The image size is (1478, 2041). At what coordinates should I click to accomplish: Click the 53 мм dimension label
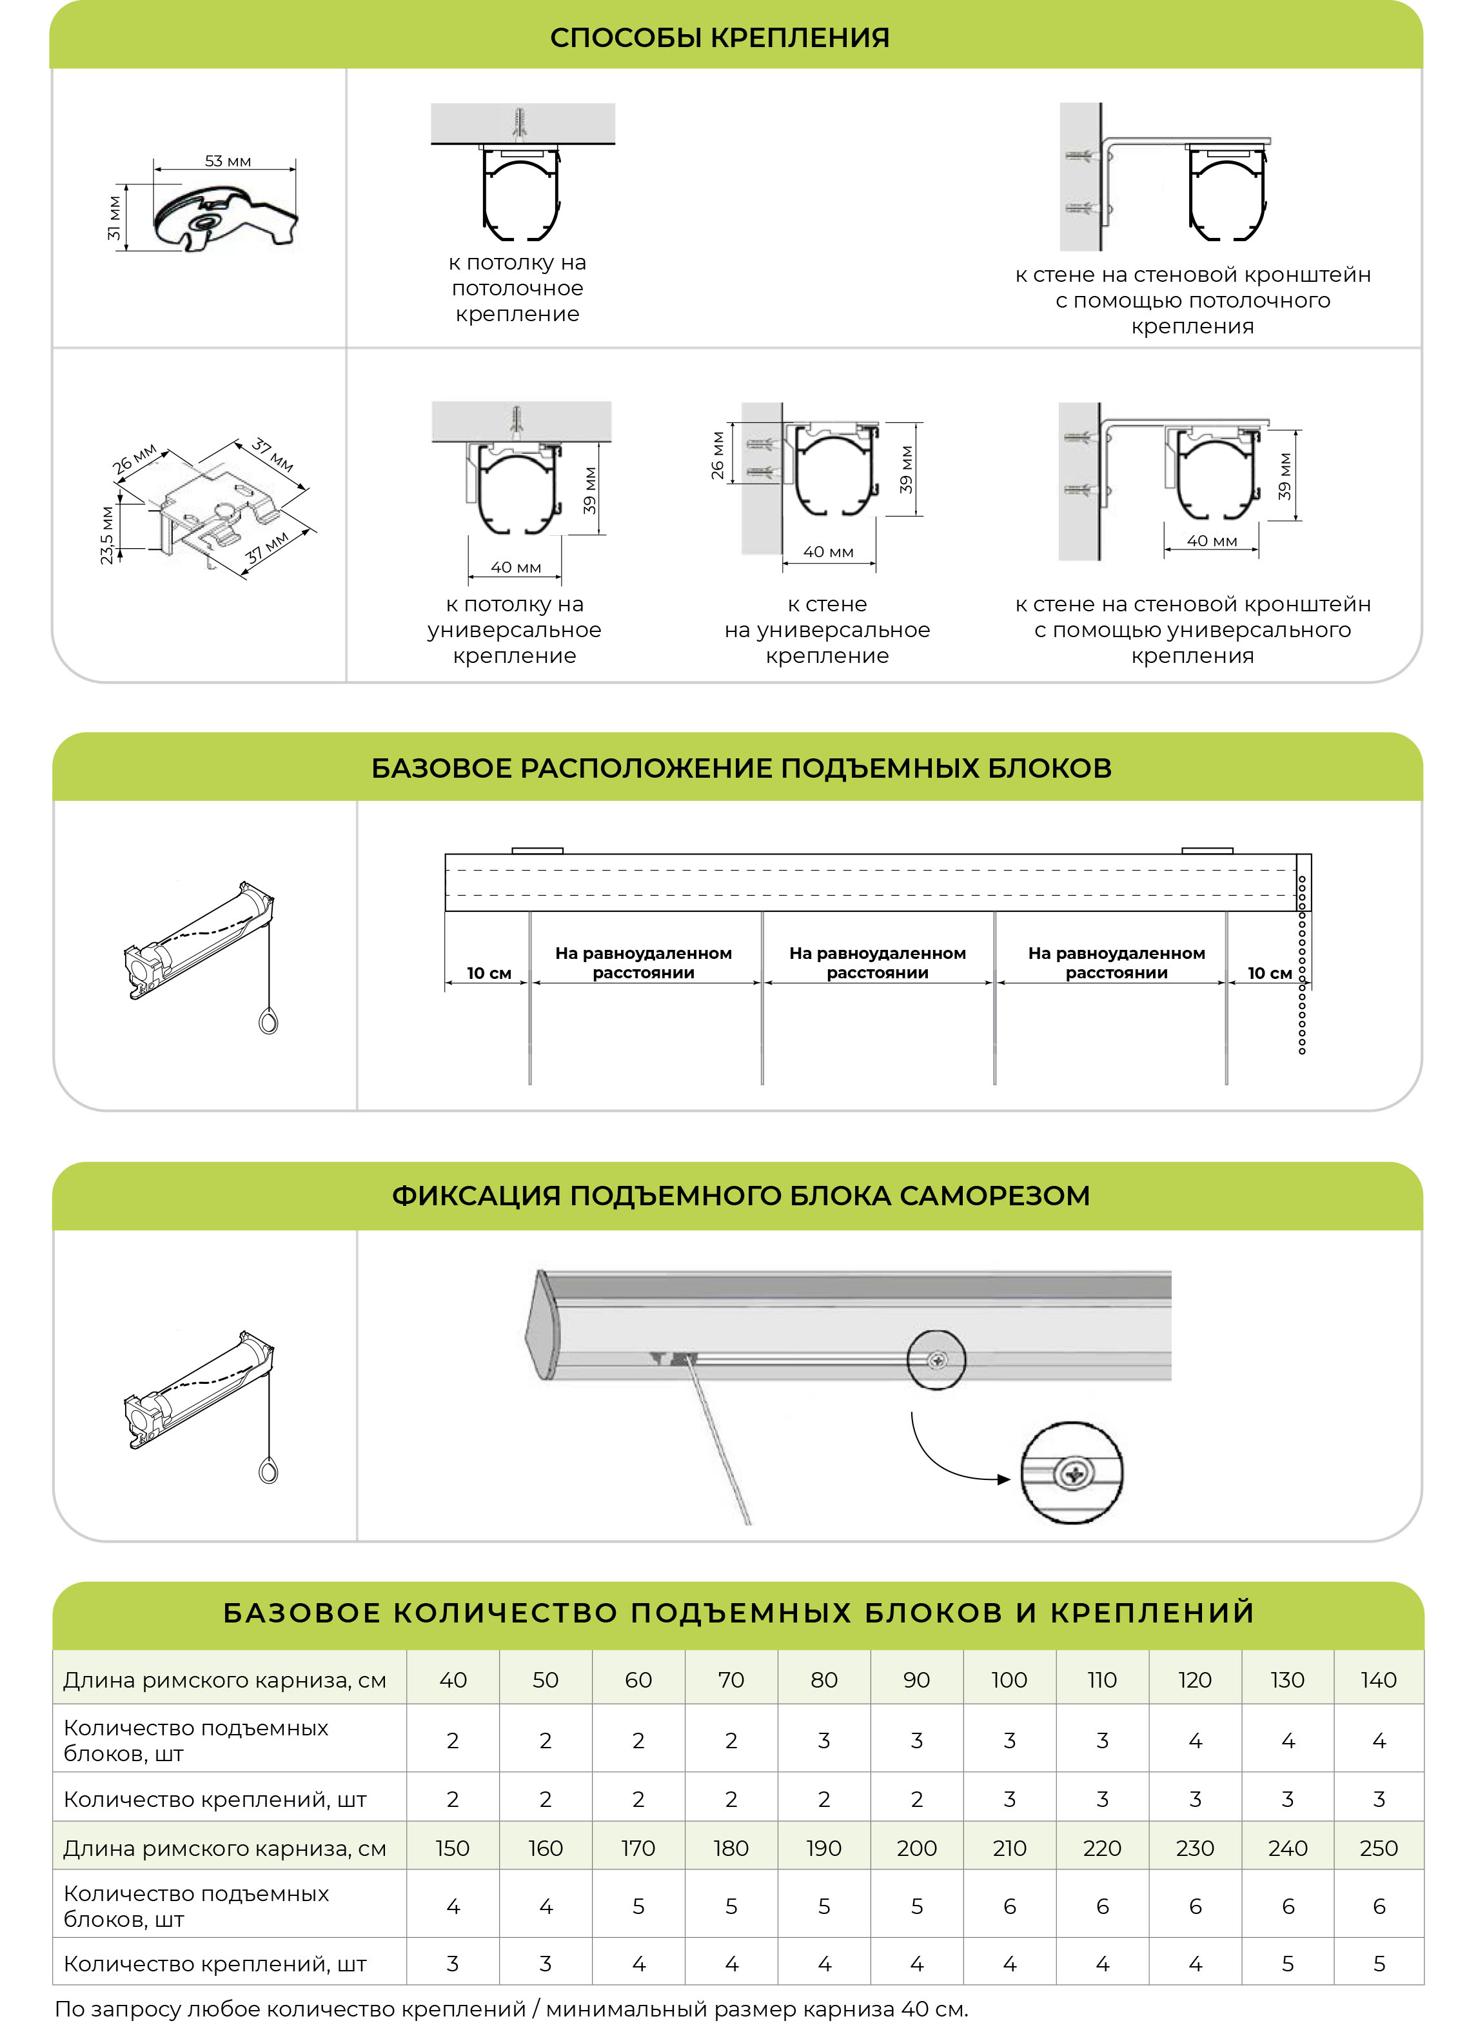pyautogui.click(x=228, y=161)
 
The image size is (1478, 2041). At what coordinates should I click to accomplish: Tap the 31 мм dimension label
pyautogui.click(x=114, y=218)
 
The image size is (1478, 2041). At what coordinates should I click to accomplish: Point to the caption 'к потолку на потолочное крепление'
pyautogui.click(x=518, y=288)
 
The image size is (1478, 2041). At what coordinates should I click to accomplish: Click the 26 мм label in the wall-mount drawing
pyautogui.click(x=717, y=455)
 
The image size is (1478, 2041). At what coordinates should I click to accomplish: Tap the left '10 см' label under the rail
pyautogui.click(x=489, y=973)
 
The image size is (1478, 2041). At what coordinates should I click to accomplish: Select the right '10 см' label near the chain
pyautogui.click(x=1269, y=973)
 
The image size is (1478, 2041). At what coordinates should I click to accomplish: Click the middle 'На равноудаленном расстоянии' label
pyautogui.click(x=878, y=962)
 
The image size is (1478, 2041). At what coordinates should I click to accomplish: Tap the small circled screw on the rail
pyautogui.click(x=937, y=1360)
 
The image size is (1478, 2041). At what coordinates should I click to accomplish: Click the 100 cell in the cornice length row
pyautogui.click(x=1009, y=1679)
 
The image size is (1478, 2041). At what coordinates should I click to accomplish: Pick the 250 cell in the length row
pyautogui.click(x=1378, y=1848)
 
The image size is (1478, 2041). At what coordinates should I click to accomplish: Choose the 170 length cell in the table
pyautogui.click(x=638, y=1848)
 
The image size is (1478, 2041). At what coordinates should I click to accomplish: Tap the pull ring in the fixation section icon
pyautogui.click(x=268, y=1472)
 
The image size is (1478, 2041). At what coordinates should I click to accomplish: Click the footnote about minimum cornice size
pyautogui.click(x=511, y=2009)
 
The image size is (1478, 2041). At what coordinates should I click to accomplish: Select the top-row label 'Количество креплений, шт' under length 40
pyautogui.click(x=215, y=1799)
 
